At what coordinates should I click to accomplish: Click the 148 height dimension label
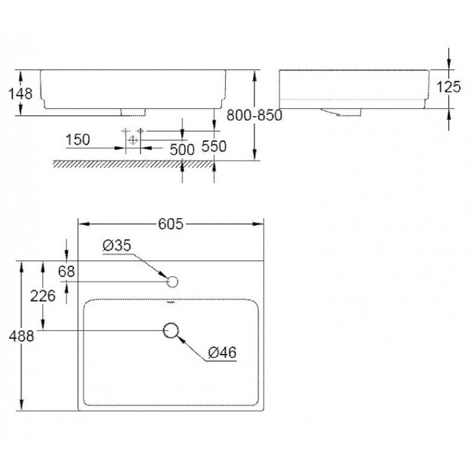click(20, 94)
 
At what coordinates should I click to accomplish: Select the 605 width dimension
click(170, 223)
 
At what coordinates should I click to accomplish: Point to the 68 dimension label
click(66, 271)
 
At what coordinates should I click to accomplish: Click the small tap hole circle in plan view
click(171, 281)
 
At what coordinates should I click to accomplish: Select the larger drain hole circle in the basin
click(171, 330)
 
